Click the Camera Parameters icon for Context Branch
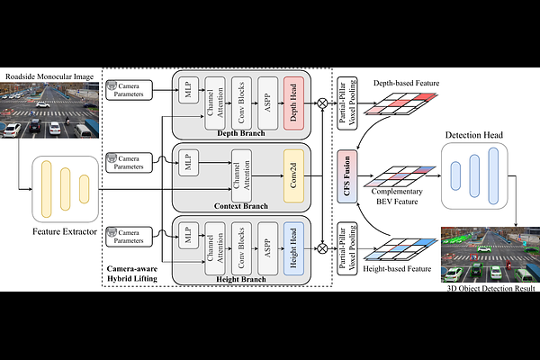pyautogui.click(x=112, y=160)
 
